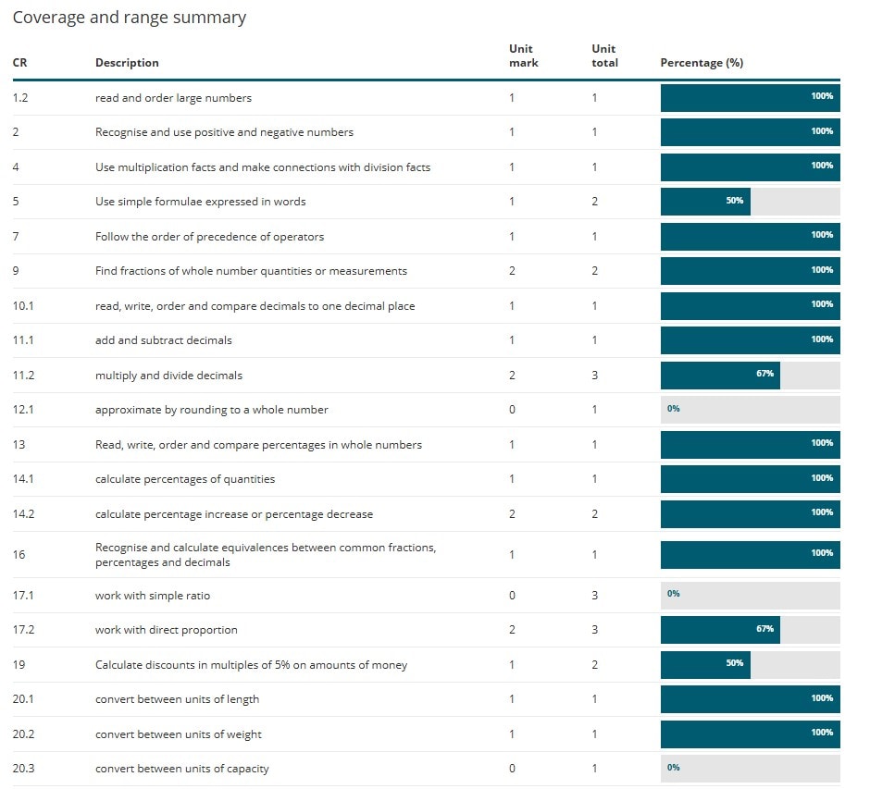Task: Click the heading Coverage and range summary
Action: click(129, 18)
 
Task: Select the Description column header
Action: click(127, 63)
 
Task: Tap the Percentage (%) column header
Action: click(702, 63)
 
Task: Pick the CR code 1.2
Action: click(20, 97)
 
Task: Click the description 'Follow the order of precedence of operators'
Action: click(209, 236)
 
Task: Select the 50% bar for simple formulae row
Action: click(705, 201)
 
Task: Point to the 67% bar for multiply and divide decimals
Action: click(720, 375)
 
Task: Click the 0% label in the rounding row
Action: click(673, 409)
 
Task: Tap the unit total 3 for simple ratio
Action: click(595, 595)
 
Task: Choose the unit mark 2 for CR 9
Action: click(512, 271)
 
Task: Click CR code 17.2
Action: click(22, 630)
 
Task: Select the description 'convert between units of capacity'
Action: click(181, 769)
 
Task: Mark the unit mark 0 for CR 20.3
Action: click(512, 769)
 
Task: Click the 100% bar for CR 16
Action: click(750, 554)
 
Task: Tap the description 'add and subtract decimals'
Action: click(163, 340)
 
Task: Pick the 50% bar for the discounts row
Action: click(705, 664)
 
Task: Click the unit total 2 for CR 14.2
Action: click(595, 514)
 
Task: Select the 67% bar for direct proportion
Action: click(720, 630)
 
